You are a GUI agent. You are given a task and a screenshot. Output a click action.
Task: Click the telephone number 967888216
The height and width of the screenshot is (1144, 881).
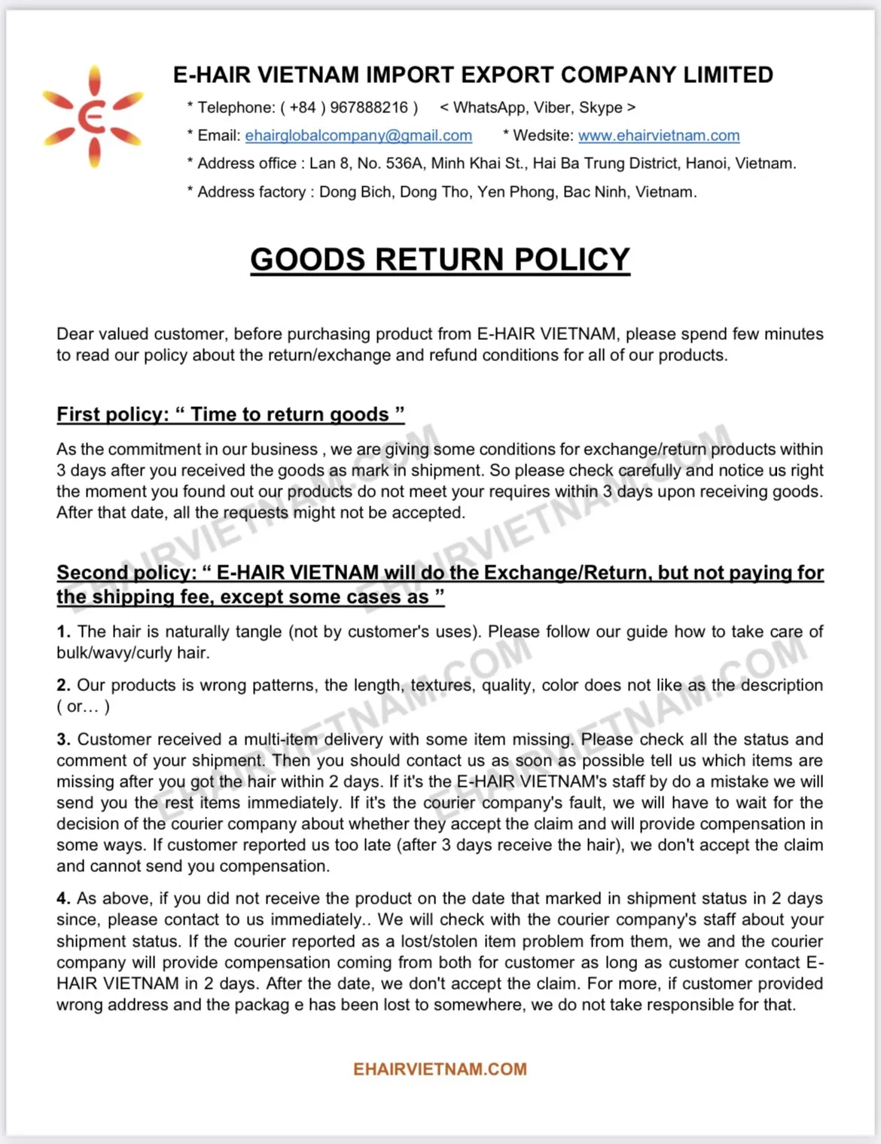[x=368, y=108]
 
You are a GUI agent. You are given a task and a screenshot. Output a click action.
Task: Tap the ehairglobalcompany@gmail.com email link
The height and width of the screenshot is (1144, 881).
[x=358, y=136]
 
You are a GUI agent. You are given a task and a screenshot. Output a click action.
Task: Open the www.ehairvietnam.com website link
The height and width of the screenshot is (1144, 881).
[x=658, y=136]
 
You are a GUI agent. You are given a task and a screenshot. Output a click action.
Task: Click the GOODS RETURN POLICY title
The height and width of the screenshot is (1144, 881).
[x=440, y=259]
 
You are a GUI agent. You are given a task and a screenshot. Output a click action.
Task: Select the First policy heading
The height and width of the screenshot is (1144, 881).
[x=230, y=414]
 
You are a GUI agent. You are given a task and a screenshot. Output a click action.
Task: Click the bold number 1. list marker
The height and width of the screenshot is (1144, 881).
[x=63, y=632]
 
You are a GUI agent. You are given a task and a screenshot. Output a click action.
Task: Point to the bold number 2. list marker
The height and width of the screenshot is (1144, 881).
[x=63, y=685]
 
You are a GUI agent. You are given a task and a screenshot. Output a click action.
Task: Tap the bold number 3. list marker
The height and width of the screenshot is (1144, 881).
[x=63, y=739]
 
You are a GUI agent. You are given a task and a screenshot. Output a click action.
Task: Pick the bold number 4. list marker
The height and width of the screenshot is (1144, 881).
[x=63, y=898]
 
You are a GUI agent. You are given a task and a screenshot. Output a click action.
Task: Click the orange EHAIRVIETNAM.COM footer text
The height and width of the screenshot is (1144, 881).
[x=440, y=1069]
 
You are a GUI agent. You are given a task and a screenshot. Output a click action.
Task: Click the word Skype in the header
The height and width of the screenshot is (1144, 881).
[x=601, y=108]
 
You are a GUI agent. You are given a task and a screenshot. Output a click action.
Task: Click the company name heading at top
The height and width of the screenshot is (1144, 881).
[x=473, y=75]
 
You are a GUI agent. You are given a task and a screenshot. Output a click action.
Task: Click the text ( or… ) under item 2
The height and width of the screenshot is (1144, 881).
[x=83, y=706]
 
